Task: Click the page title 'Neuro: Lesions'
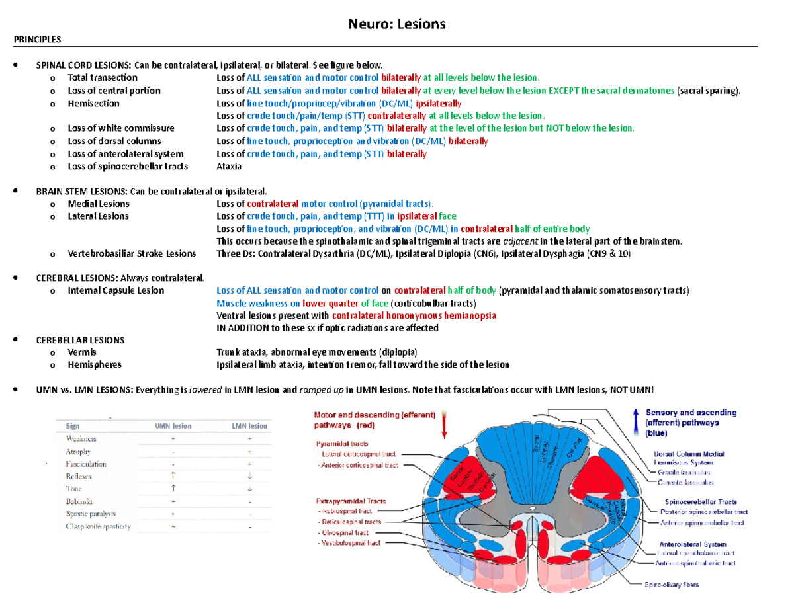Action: (397, 24)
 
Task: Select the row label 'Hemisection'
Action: (93, 103)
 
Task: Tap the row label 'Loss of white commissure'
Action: (121, 128)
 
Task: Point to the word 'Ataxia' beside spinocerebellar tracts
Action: (229, 166)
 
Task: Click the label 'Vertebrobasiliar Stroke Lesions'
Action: (132, 253)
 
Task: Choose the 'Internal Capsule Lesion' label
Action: (116, 290)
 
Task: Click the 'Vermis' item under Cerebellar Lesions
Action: (81, 352)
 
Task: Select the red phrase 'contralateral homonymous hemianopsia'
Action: (414, 315)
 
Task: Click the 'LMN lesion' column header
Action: (249, 426)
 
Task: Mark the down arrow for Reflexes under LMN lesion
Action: (249, 476)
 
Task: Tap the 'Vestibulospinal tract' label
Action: (350, 543)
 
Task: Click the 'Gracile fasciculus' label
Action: (683, 473)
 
